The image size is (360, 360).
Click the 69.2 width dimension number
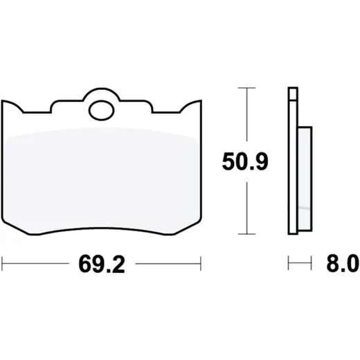click(x=102, y=264)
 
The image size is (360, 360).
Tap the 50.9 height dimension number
click(x=245, y=161)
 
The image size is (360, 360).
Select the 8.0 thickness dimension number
click(x=343, y=263)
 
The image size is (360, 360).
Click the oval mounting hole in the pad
click(x=102, y=110)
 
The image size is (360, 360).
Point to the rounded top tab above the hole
click(x=102, y=93)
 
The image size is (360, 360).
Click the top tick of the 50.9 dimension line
click(x=246, y=88)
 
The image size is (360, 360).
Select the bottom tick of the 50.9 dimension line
click(x=246, y=234)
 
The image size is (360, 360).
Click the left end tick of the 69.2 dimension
click(x=2, y=263)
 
